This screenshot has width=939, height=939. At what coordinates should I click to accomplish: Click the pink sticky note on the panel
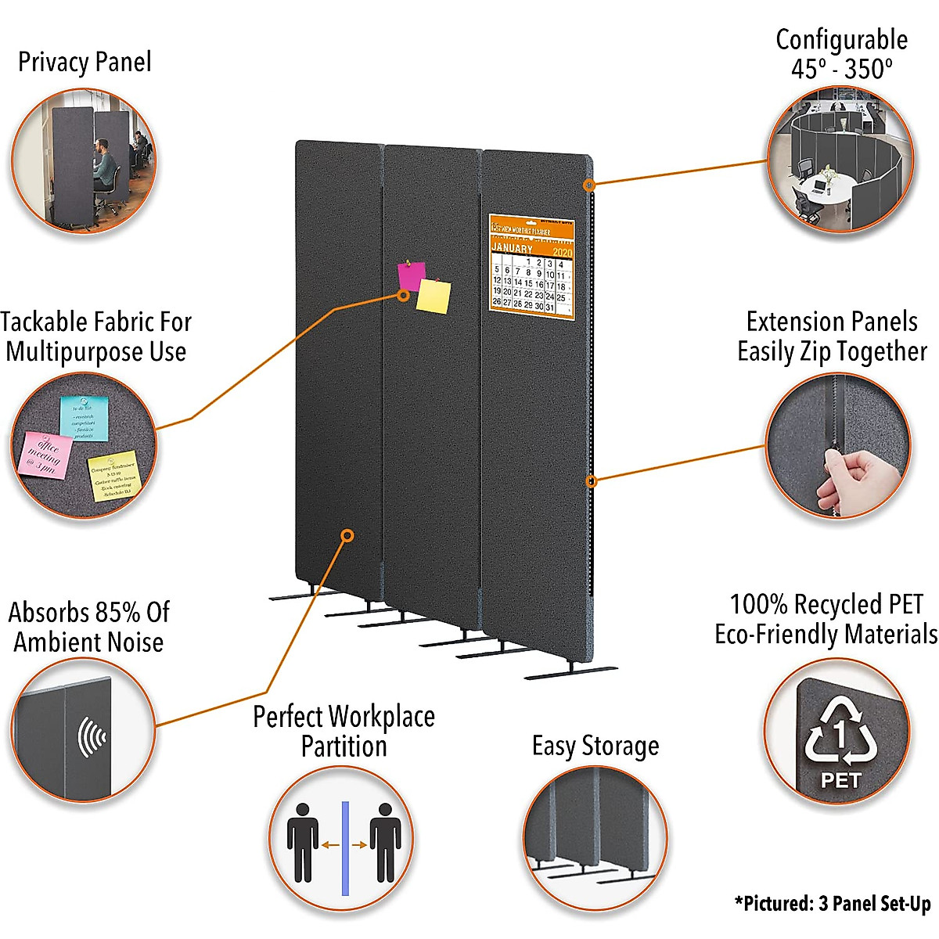[x=410, y=275]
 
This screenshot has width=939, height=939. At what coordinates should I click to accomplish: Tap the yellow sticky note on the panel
[x=434, y=297]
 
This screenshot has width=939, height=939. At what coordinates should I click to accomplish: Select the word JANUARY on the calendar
[x=512, y=248]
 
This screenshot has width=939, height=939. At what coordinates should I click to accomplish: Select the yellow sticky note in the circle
[x=113, y=474]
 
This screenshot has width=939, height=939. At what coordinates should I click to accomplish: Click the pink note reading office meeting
[x=45, y=455]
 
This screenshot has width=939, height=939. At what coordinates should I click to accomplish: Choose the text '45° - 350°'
[x=841, y=69]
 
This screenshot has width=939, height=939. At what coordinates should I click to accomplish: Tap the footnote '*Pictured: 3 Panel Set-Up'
[x=833, y=904]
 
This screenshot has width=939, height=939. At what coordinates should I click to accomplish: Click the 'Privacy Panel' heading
[x=85, y=62]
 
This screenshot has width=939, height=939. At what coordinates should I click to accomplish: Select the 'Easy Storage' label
[x=595, y=746]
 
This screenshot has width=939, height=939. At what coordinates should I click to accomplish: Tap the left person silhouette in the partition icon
[x=302, y=841]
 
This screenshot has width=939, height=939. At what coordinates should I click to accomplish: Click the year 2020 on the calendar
[x=562, y=252]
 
